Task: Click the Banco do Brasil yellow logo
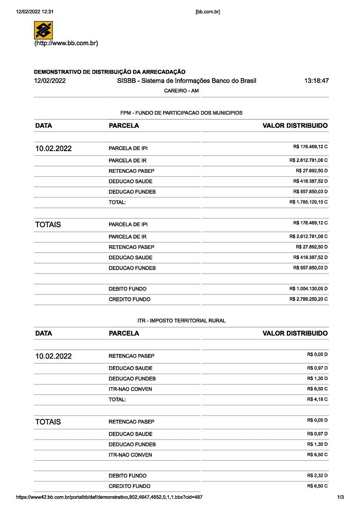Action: pyautogui.click(x=43, y=30)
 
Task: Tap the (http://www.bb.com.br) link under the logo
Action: pyautogui.click(x=66, y=43)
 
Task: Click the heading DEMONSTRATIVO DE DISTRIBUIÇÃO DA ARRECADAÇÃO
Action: pyautogui.click(x=110, y=72)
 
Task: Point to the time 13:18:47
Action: pyautogui.click(x=316, y=81)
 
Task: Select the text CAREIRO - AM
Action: pyautogui.click(x=181, y=91)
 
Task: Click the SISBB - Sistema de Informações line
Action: pyautogui.click(x=186, y=81)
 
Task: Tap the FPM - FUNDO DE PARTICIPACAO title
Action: pyautogui.click(x=181, y=113)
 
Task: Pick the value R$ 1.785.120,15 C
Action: pyautogui.click(x=309, y=202)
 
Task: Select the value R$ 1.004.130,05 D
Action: pyautogui.click(x=309, y=288)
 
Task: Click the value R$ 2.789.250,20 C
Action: pyautogui.click(x=309, y=299)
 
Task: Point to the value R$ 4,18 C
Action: pyautogui.click(x=317, y=399)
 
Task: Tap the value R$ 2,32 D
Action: pyautogui.click(x=317, y=476)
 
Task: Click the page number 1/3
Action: pyautogui.click(x=340, y=498)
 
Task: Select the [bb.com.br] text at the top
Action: pyautogui.click(x=208, y=11)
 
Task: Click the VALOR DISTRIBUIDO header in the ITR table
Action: pyautogui.click(x=295, y=333)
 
